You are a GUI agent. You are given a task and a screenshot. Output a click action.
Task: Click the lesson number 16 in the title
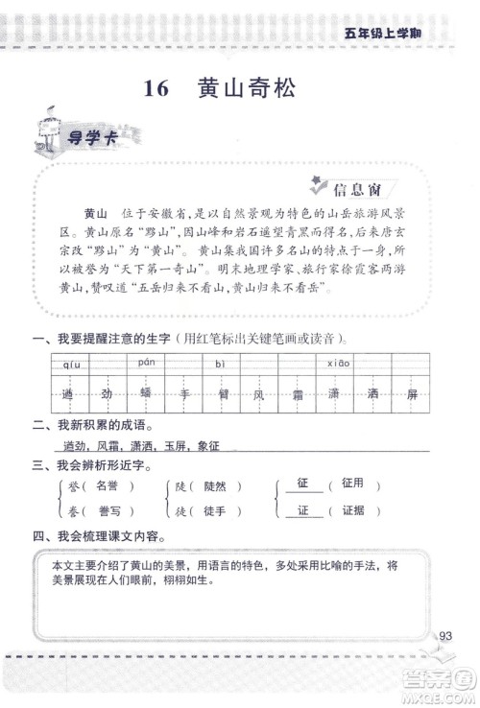click(x=156, y=89)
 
